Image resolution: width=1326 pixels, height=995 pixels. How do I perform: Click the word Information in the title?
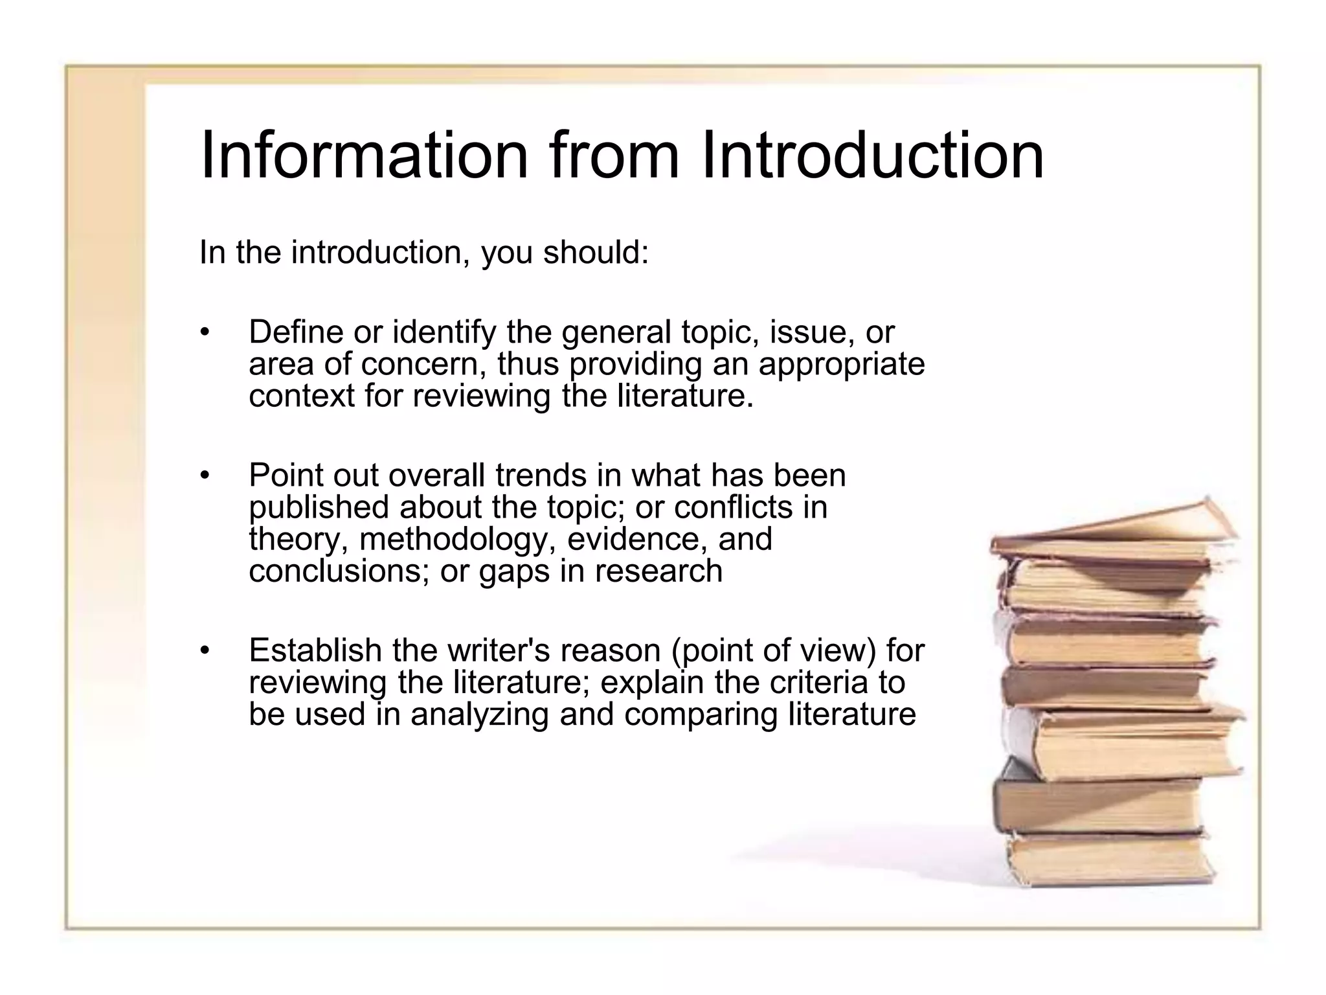(x=365, y=155)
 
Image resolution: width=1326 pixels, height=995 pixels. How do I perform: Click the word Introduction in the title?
(x=872, y=155)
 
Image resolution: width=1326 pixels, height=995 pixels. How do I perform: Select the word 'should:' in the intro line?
(x=596, y=252)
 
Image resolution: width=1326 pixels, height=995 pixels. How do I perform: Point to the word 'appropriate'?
(x=841, y=365)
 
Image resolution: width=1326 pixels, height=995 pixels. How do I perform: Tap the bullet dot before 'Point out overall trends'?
(x=205, y=476)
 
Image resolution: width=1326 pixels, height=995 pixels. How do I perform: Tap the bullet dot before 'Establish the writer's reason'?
(x=205, y=650)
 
